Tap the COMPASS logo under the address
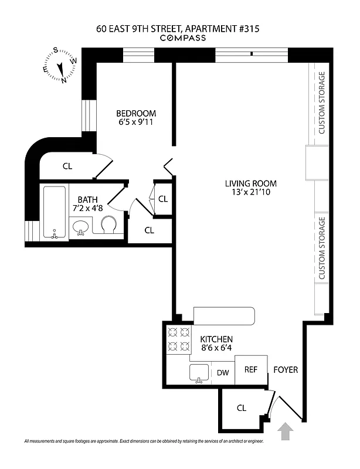pyautogui.click(x=179, y=38)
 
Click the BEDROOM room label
pyautogui.click(x=136, y=114)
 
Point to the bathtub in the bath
pyautogui.click(x=55, y=212)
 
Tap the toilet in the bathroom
pyautogui.click(x=109, y=225)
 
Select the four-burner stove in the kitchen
pyautogui.click(x=179, y=338)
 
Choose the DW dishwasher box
pyautogui.click(x=223, y=372)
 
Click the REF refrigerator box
pyautogui.click(x=251, y=370)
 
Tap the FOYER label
pyautogui.click(x=286, y=370)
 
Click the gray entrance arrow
pyautogui.click(x=286, y=432)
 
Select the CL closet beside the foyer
pyautogui.click(x=241, y=408)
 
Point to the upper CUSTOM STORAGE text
pyautogui.click(x=321, y=103)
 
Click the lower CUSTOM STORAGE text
pyautogui.click(x=321, y=247)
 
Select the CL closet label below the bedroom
pyautogui.click(x=67, y=166)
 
